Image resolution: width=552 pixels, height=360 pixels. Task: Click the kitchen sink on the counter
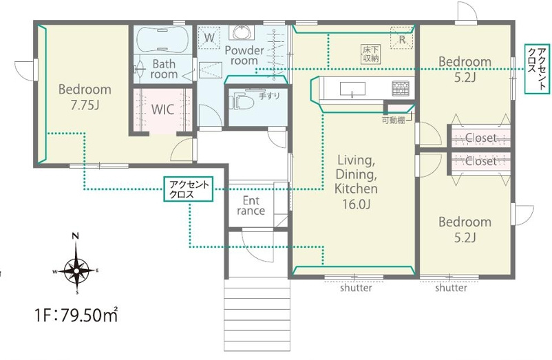point(352,89)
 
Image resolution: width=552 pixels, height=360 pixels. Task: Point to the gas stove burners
point(401,88)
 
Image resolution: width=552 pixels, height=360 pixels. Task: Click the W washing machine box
point(209,38)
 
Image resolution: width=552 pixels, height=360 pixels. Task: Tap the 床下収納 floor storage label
point(371,54)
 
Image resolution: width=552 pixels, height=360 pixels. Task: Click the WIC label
point(162,109)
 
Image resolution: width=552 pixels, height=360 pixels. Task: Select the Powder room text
point(244,55)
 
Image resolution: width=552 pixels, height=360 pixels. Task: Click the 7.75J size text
point(85,105)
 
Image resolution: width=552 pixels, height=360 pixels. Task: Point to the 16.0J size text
point(357,204)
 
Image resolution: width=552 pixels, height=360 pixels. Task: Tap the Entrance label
point(251,206)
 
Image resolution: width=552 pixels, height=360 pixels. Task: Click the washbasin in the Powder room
point(241,32)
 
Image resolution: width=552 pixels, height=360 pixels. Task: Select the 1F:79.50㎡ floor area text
point(76,315)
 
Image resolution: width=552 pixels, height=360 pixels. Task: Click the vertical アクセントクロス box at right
point(537,69)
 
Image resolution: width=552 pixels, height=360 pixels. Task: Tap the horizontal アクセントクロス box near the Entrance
point(189,189)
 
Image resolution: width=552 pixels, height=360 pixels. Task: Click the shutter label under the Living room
point(356,288)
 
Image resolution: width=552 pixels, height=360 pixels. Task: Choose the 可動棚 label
point(394,120)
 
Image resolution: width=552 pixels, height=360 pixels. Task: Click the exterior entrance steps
point(257,314)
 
